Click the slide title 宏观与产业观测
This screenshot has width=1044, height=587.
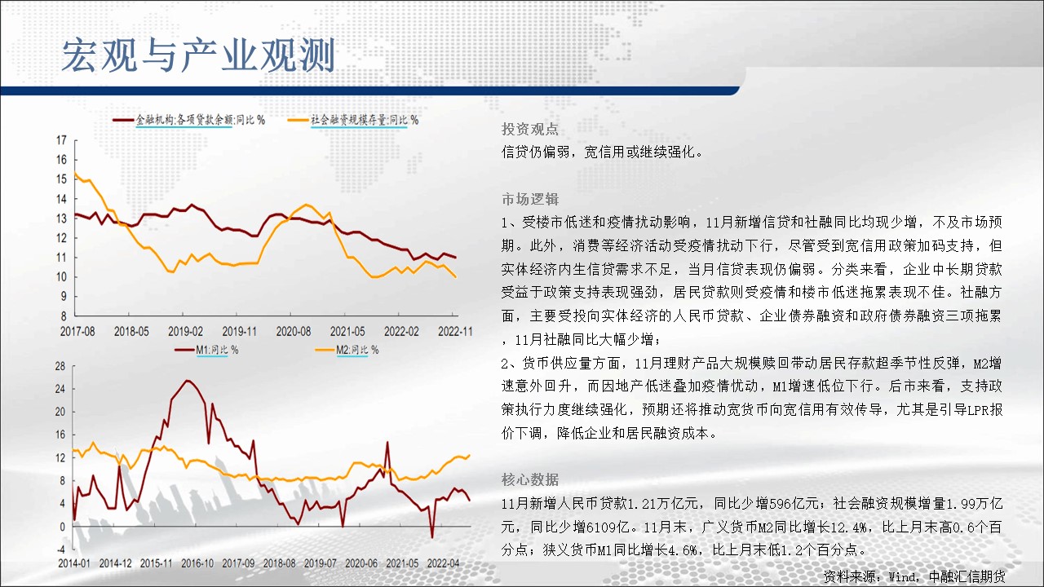(x=198, y=55)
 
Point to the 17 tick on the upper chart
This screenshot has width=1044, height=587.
(x=61, y=139)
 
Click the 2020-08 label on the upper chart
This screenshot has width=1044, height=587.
(x=293, y=331)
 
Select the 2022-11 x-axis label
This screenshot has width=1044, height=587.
(x=455, y=331)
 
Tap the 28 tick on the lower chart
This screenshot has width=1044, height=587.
(x=60, y=366)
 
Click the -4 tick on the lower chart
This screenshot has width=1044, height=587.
(x=61, y=549)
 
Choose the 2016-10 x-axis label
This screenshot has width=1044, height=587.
(x=197, y=563)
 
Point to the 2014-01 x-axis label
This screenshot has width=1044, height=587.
(x=74, y=563)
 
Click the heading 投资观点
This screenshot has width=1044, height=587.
(x=530, y=129)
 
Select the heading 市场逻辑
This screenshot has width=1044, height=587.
(x=530, y=200)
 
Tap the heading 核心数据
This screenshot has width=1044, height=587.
(x=530, y=479)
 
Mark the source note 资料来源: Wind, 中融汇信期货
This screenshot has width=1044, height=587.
(x=914, y=576)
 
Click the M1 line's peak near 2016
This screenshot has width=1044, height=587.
(x=188, y=381)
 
